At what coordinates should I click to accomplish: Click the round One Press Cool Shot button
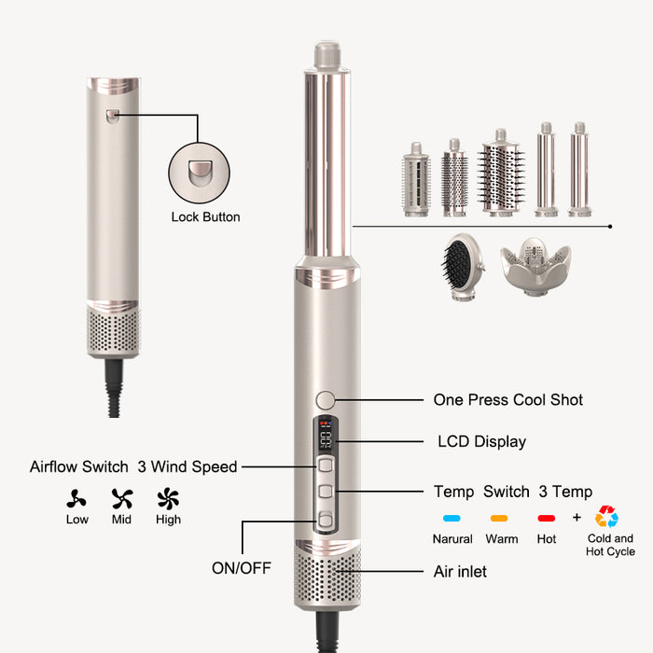click(326, 400)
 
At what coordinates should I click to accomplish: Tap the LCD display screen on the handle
click(326, 436)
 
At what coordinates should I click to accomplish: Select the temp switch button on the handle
click(326, 492)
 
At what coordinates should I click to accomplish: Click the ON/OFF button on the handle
click(326, 520)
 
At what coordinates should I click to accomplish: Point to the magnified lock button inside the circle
click(200, 173)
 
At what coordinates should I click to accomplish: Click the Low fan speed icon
click(76, 499)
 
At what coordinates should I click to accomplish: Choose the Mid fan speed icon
click(122, 498)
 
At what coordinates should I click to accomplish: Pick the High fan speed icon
click(168, 498)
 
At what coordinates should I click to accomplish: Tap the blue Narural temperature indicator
click(452, 519)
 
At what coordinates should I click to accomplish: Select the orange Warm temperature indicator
click(499, 519)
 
